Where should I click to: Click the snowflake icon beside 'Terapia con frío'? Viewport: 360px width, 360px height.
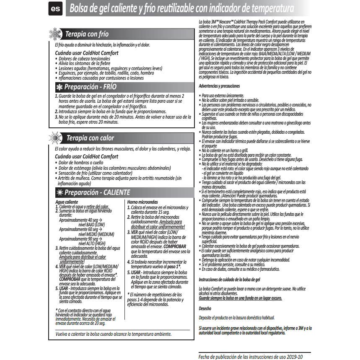coord(55,34)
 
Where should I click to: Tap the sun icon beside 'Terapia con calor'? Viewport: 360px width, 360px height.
coord(55,137)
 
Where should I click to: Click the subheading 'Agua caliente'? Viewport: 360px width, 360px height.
coord(67,202)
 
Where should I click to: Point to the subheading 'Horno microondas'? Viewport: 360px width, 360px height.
coord(142,202)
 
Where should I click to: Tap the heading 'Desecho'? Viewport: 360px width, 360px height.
coord(205,308)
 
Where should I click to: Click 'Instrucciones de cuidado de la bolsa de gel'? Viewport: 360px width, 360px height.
coord(230,279)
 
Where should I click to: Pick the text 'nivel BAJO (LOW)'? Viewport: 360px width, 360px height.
coord(92,224)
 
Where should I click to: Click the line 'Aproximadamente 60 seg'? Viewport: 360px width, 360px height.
coord(78,229)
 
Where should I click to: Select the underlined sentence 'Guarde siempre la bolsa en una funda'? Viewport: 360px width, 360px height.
coord(240,298)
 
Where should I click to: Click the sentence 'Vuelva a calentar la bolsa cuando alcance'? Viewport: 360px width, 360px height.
coord(113,334)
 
